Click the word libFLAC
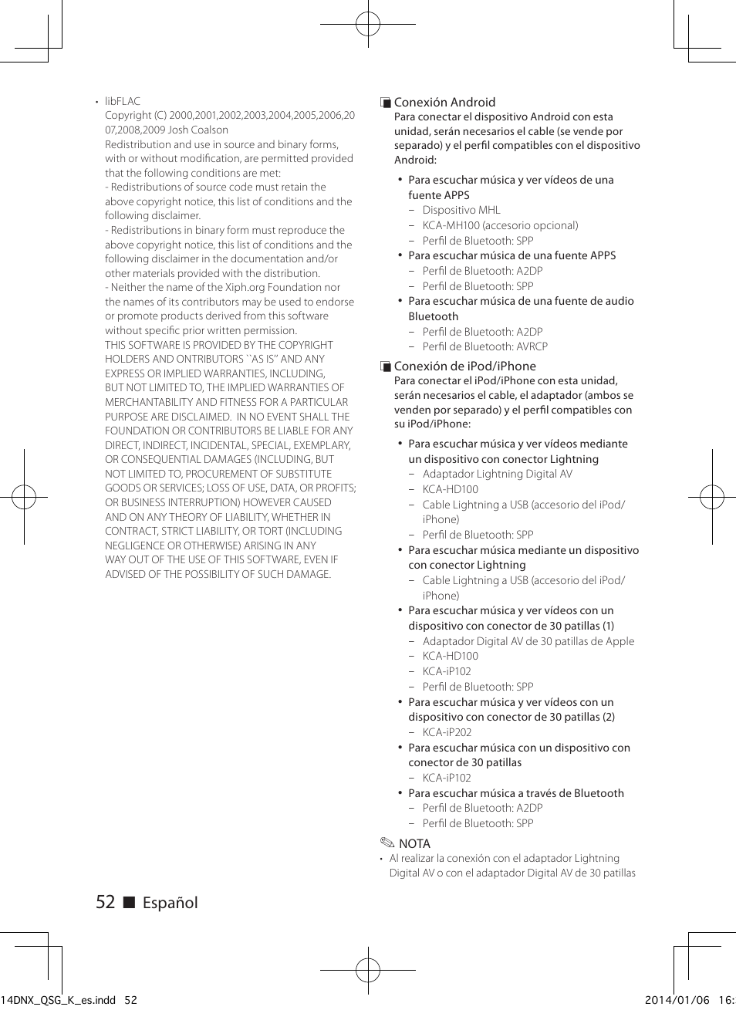[123, 101]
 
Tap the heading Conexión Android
[444, 102]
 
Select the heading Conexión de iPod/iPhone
[464, 366]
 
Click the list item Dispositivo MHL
[461, 210]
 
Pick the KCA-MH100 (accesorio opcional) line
[500, 225]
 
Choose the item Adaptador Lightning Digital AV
[497, 474]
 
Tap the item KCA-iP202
[447, 732]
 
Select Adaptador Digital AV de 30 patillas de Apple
[528, 641]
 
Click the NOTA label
[414, 843]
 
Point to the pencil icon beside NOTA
[387, 843]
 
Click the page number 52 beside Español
[105, 902]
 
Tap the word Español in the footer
[170, 903]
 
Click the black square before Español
[129, 903]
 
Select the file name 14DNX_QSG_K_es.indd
[59, 1000]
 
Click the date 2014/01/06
[677, 1000]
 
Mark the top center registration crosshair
[368, 24]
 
